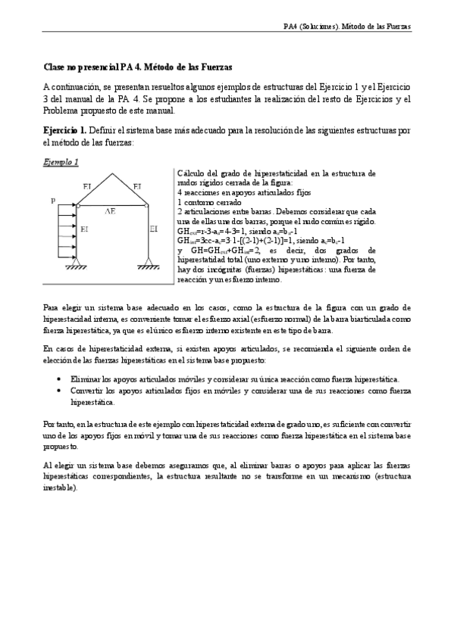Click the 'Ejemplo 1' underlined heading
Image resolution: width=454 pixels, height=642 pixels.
click(x=61, y=162)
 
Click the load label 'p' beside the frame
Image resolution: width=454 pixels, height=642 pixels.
click(x=53, y=200)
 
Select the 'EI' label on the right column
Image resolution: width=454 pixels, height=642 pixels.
click(x=154, y=228)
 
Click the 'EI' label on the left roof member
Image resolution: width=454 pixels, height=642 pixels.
click(x=87, y=185)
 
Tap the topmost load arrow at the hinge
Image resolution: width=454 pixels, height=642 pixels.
click(x=67, y=205)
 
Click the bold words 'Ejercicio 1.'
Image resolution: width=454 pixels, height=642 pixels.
click(x=65, y=130)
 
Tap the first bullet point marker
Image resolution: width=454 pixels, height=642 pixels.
click(x=60, y=379)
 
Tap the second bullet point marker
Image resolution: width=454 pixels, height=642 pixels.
click(x=60, y=390)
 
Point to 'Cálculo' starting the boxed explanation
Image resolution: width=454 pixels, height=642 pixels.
click(x=188, y=173)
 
